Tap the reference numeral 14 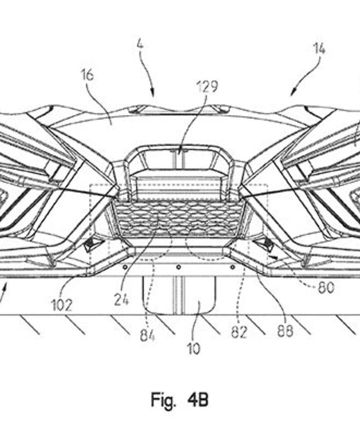tap(319, 48)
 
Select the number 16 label tap(87, 75)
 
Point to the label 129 tap(207, 86)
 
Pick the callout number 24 tap(121, 300)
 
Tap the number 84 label tap(147, 335)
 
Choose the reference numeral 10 tap(193, 348)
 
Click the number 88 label tap(285, 331)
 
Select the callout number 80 tap(325, 288)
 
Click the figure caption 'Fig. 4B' tap(179, 400)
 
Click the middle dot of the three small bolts tap(178, 267)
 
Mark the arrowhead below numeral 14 tap(293, 93)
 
